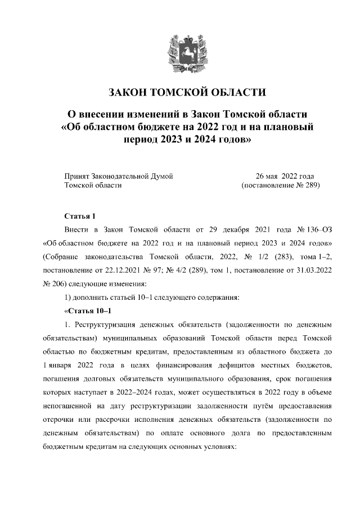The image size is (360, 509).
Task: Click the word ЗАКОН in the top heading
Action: pyautogui.click(x=128, y=93)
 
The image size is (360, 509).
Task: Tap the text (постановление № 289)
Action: pyautogui.click(x=280, y=184)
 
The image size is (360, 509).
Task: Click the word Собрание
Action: pyautogui.click(x=60, y=257)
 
